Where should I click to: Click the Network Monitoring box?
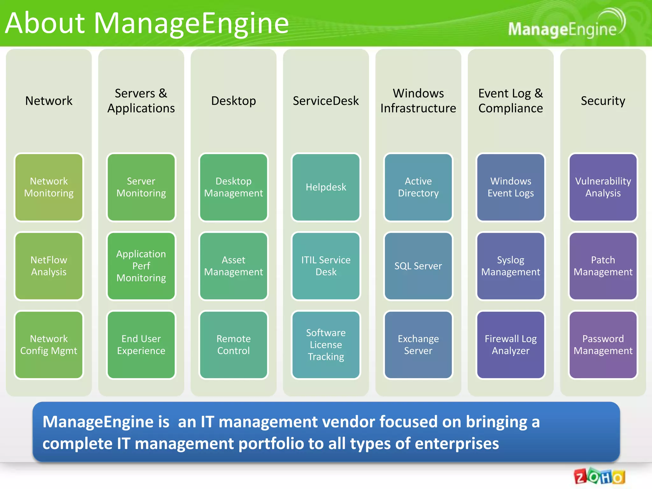pos(49,187)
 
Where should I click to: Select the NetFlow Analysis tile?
pos(49,266)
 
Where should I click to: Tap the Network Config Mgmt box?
pos(49,345)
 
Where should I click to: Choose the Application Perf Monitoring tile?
pos(141,266)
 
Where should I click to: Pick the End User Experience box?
pos(141,345)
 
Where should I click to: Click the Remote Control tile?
pos(233,345)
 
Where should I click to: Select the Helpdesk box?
pos(326,187)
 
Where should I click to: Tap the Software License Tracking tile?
pos(326,345)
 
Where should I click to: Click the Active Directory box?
pos(418,187)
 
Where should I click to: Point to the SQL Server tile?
pos(418,266)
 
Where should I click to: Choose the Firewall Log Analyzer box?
pos(510,345)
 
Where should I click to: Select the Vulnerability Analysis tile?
pos(603,187)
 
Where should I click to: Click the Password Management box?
pos(603,345)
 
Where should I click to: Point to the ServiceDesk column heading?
pos(326,101)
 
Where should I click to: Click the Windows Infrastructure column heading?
pos(418,101)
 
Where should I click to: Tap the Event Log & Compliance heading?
pos(510,101)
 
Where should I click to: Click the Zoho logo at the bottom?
pos(599,477)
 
